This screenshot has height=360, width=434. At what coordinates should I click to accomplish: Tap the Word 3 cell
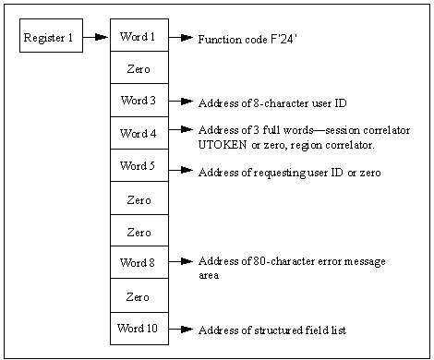pyautogui.click(x=139, y=101)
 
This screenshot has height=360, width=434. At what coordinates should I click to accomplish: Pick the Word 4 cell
pyautogui.click(x=139, y=133)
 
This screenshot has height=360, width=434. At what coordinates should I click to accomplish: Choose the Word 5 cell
pyautogui.click(x=139, y=166)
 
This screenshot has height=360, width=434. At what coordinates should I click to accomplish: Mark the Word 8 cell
pyautogui.click(x=139, y=263)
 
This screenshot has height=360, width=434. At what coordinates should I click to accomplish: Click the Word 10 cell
pyautogui.click(x=139, y=328)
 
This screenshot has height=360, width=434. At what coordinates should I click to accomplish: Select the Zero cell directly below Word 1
pyautogui.click(x=139, y=68)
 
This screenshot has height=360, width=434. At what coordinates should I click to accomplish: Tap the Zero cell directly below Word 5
pyautogui.click(x=139, y=198)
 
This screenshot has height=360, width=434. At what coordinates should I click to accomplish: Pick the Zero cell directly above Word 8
pyautogui.click(x=139, y=231)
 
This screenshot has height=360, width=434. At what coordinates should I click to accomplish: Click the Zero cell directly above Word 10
pyautogui.click(x=139, y=295)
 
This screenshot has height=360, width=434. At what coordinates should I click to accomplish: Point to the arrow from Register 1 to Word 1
pyautogui.click(x=95, y=38)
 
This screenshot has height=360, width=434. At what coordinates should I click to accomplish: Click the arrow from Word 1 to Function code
pyautogui.click(x=181, y=38)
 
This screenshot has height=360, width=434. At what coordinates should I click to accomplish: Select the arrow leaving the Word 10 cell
pyautogui.click(x=181, y=329)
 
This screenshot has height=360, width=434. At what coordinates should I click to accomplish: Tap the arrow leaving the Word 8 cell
pyautogui.click(x=181, y=262)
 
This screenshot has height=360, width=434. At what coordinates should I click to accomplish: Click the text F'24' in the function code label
pyautogui.click(x=275, y=41)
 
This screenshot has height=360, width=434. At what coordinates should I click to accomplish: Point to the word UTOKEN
pyautogui.click(x=222, y=146)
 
